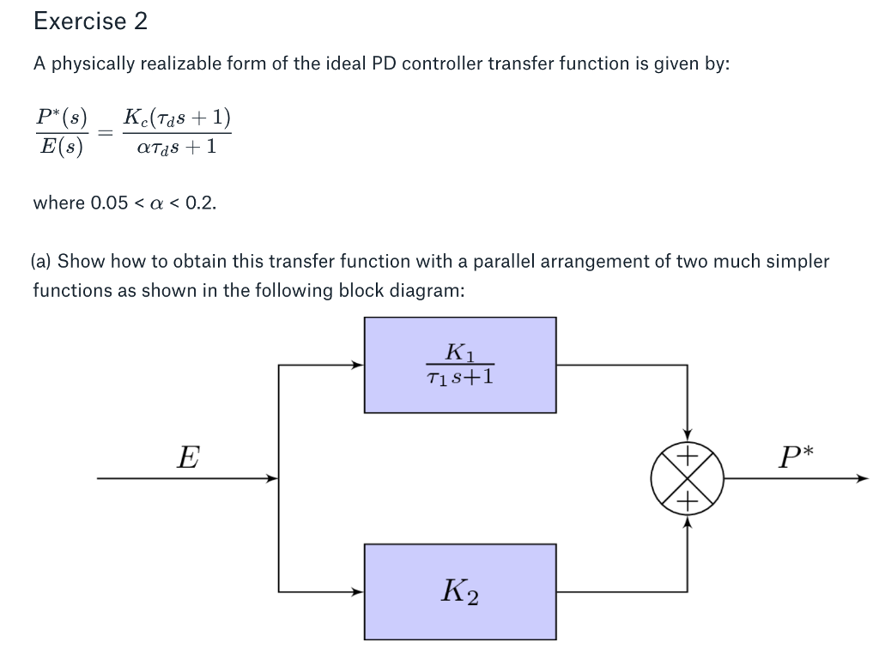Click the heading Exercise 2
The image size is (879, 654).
(90, 21)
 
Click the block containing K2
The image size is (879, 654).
(460, 590)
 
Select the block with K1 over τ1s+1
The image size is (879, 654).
(460, 365)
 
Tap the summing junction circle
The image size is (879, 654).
(687, 478)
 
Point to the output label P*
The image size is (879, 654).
(795, 457)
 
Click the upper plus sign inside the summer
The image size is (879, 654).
(688, 456)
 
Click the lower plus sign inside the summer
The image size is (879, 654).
(688, 501)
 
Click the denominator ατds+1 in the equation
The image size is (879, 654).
(176, 148)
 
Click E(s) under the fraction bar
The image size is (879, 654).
(61, 148)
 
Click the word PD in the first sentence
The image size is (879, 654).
(383, 64)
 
